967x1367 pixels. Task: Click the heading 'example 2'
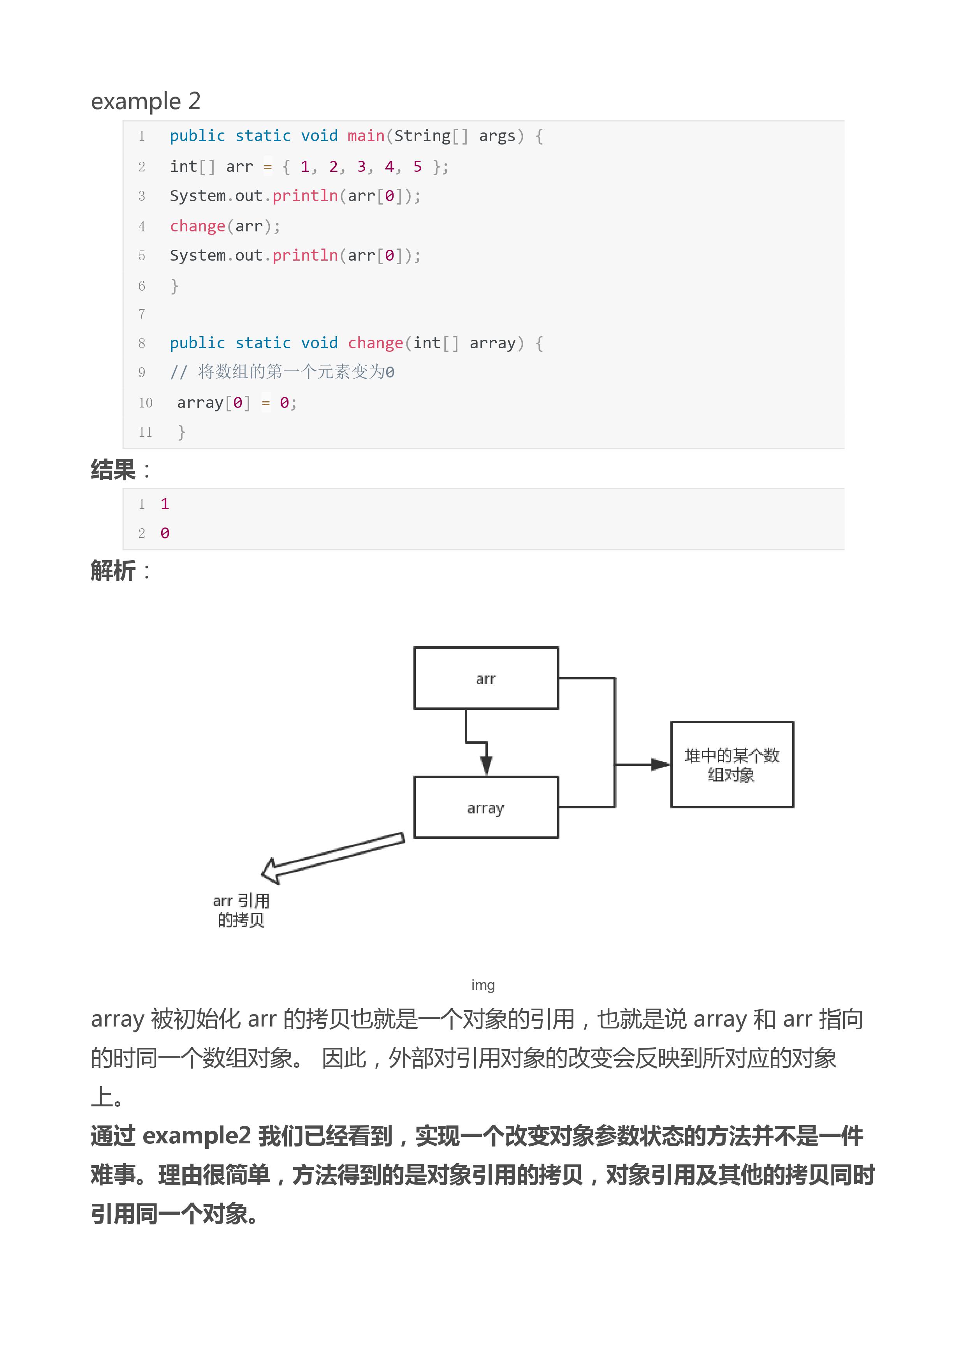click(x=145, y=101)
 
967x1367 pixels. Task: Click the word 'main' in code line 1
click(x=366, y=136)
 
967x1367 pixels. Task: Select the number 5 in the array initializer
click(x=417, y=166)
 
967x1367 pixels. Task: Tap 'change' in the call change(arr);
click(x=197, y=226)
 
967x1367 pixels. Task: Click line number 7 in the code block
click(x=142, y=314)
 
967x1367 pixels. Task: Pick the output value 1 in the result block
click(x=165, y=504)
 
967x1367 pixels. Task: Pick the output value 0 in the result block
click(x=165, y=533)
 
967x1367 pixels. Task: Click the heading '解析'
click(x=113, y=570)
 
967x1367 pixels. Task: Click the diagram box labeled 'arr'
click(x=486, y=678)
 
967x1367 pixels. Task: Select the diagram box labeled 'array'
click(x=486, y=808)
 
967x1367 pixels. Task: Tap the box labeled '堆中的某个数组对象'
click(x=732, y=765)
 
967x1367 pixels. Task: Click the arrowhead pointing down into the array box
click(x=487, y=765)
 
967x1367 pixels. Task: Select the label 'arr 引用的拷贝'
click(x=241, y=910)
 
